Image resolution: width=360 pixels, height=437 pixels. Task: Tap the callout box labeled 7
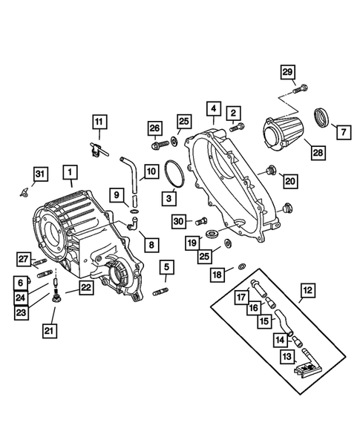(x=343, y=133)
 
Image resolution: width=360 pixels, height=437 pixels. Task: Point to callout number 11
(x=99, y=121)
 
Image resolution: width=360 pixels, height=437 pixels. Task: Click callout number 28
(x=318, y=152)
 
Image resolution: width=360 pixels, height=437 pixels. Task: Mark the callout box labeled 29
(x=287, y=71)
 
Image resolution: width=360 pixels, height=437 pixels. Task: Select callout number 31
(x=40, y=174)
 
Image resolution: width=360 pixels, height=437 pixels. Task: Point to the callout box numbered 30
(x=178, y=220)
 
